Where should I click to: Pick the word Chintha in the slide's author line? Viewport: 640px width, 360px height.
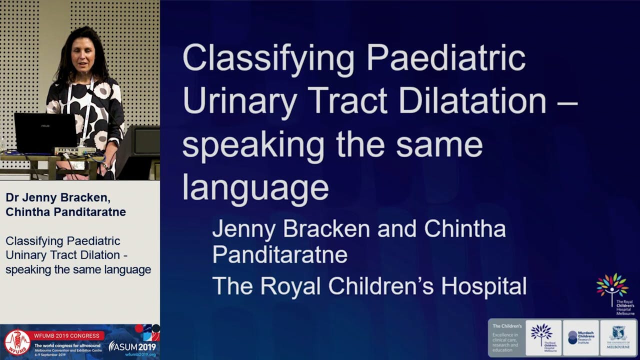point(464,229)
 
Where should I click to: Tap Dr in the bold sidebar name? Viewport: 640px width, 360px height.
point(13,197)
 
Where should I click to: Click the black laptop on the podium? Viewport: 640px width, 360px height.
point(45,132)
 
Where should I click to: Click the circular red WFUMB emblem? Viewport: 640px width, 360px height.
point(17,342)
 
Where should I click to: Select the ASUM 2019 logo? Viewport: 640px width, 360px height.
point(132,346)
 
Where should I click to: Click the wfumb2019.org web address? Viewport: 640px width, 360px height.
point(140,354)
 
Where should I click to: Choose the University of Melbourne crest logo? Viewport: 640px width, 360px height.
point(618,337)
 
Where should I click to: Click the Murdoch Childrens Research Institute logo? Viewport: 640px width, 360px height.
point(580,337)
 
